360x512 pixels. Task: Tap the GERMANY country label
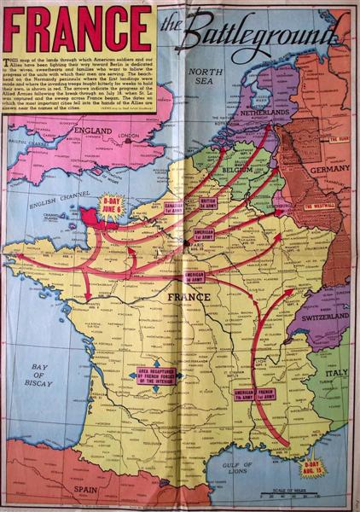click(329, 170)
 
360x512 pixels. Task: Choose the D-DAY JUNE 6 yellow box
click(113, 206)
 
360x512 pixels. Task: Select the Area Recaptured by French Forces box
click(151, 375)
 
